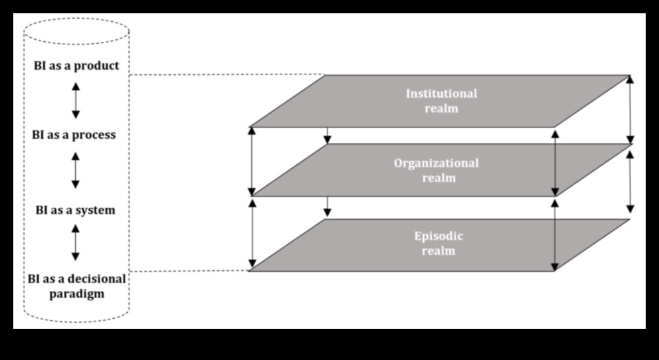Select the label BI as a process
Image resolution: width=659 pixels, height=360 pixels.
[x=74, y=135]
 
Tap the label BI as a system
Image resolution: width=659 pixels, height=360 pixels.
[x=76, y=210]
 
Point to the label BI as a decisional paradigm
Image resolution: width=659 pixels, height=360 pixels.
[x=76, y=286]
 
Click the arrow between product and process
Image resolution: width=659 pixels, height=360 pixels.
[x=76, y=100]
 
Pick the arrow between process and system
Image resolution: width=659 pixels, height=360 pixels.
[x=76, y=171]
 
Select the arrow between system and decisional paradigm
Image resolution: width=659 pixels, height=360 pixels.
[x=76, y=242]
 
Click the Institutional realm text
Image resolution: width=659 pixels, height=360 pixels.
[x=441, y=100]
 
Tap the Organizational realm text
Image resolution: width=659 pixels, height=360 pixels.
[x=436, y=170]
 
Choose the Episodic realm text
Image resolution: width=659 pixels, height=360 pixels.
[x=438, y=243]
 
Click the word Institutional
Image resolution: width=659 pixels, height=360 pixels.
[x=441, y=93]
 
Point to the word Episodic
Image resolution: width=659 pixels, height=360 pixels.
[x=438, y=236]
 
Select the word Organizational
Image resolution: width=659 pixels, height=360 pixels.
[x=436, y=163]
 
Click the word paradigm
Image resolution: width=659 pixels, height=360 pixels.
[x=76, y=293]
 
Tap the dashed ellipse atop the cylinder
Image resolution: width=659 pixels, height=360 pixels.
[x=76, y=31]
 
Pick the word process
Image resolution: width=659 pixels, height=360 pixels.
[x=94, y=135]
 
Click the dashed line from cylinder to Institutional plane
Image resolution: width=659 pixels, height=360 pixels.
[x=226, y=75]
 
